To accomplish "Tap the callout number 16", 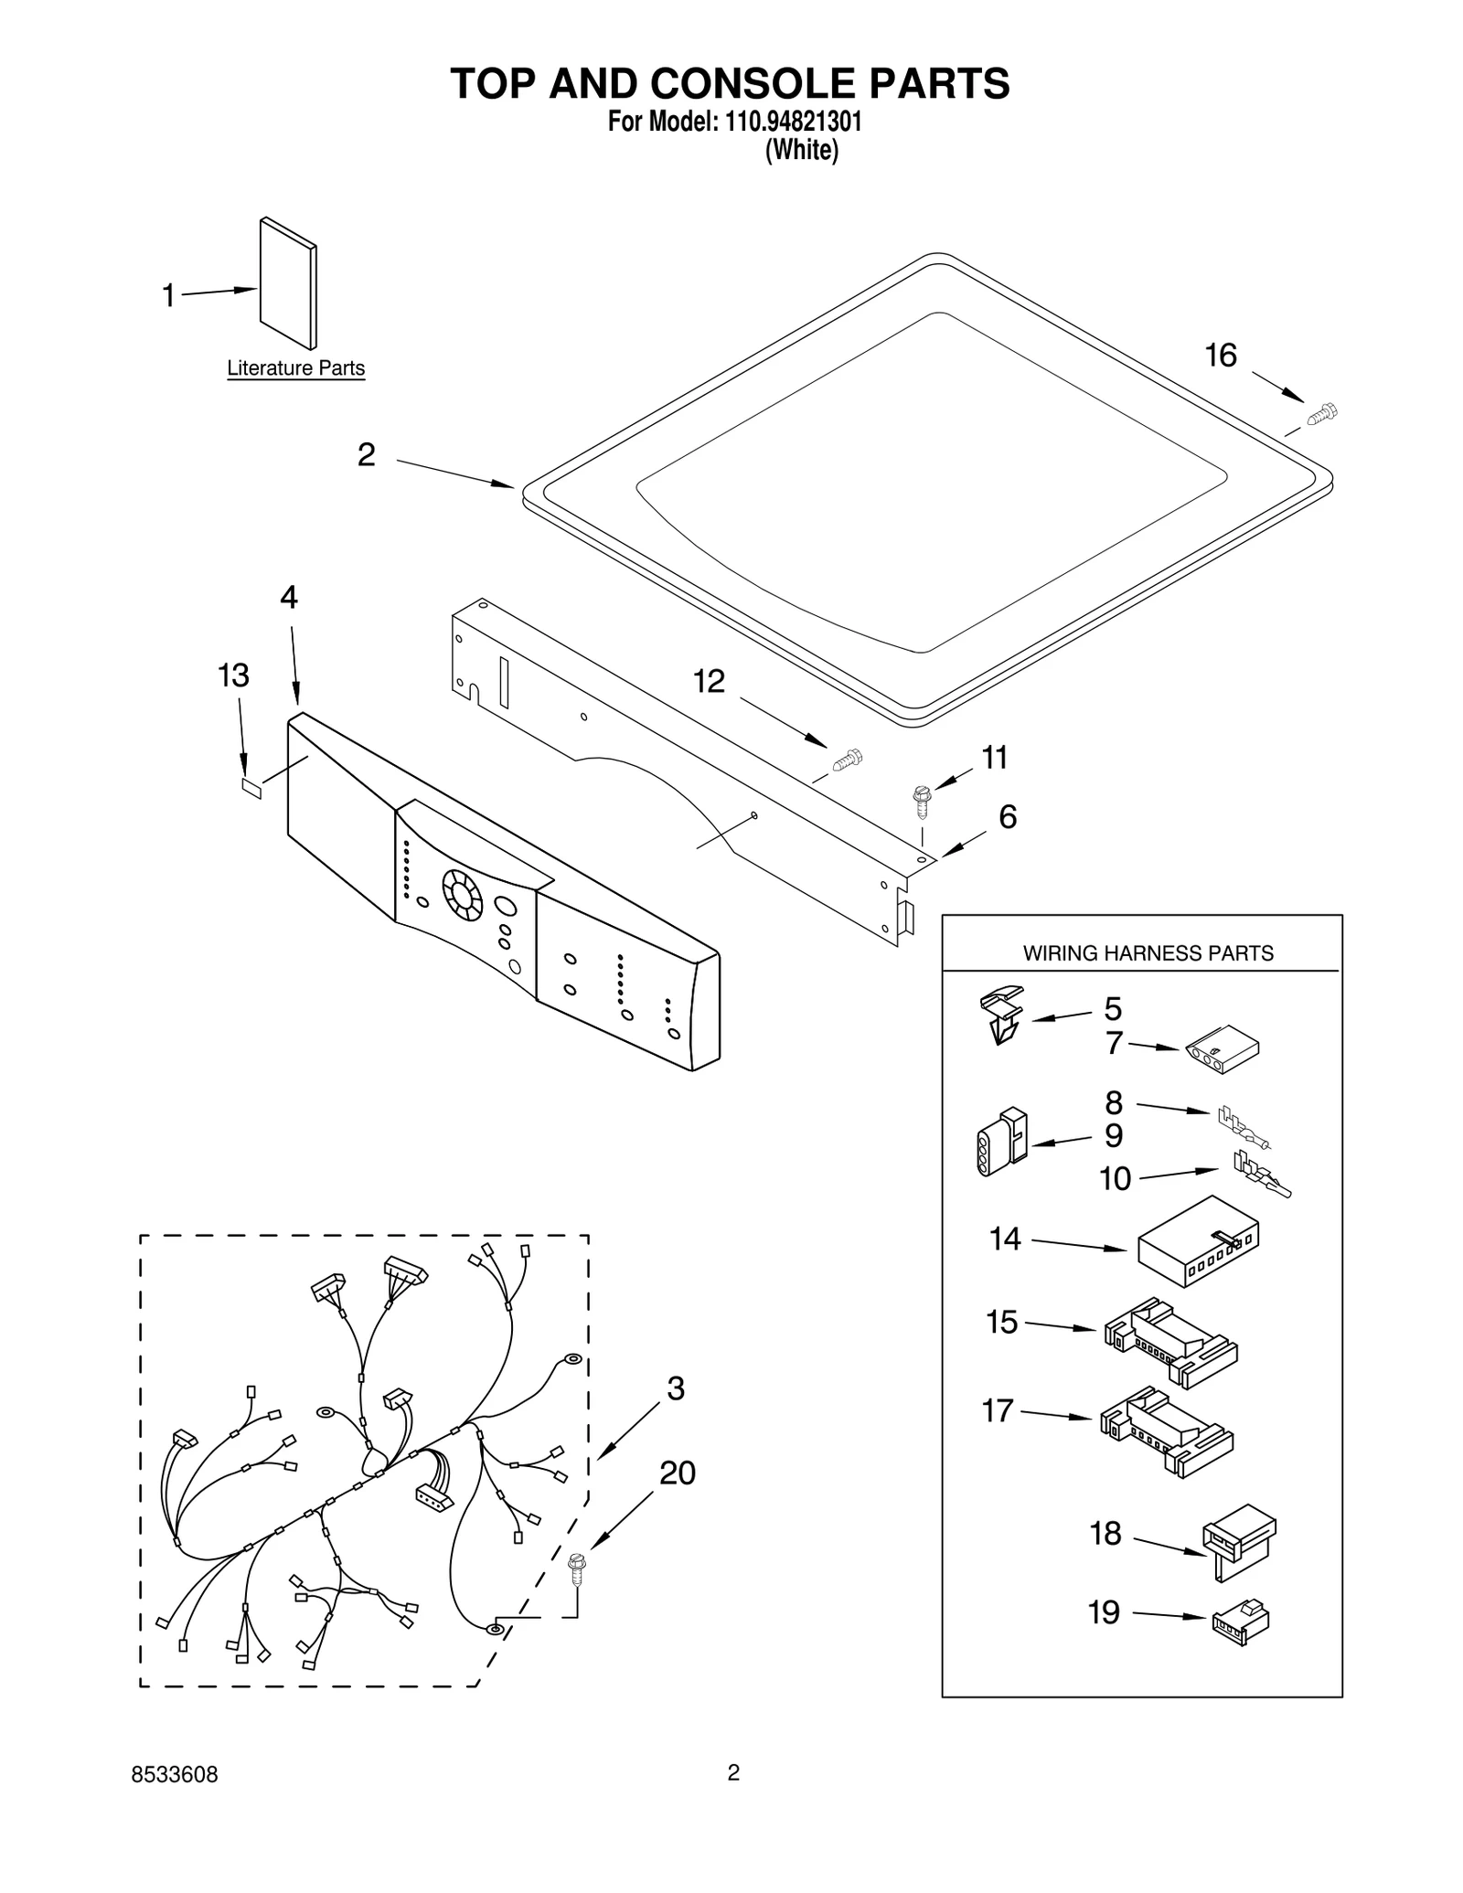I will [x=1221, y=356].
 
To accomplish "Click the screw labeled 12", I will [x=848, y=759].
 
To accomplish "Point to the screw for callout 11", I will [x=922, y=799].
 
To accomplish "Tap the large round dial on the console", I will [x=463, y=893].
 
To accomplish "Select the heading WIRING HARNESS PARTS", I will [x=1148, y=953].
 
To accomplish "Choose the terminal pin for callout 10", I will [x=1262, y=1175].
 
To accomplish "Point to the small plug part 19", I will [x=1240, y=1622].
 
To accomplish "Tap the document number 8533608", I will [x=175, y=1775].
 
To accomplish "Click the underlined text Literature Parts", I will [x=295, y=368].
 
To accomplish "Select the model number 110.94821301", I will [x=794, y=122].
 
